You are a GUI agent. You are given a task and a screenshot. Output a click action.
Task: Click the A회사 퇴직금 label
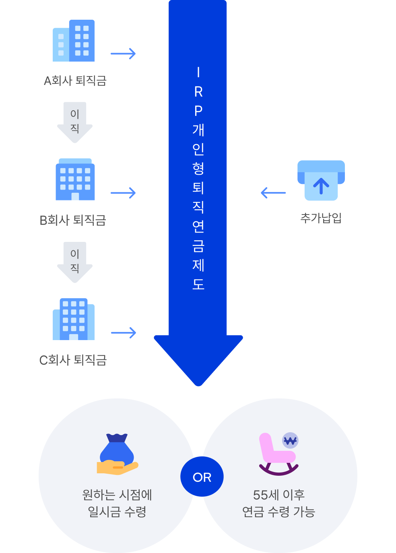pos(75,81)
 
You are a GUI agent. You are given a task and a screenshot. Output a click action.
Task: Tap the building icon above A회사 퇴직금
pos(74,41)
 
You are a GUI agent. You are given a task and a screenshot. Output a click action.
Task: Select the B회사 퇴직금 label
pos(73,221)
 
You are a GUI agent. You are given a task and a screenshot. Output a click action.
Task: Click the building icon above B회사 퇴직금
pos(75,180)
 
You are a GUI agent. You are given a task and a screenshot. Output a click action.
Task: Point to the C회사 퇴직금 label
pos(73,360)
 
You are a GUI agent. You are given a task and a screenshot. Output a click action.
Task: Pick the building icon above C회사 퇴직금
pos(74,319)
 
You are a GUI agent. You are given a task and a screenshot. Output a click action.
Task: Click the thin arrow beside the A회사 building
pos(123,54)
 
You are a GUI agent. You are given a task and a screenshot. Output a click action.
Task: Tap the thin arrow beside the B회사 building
pos(123,193)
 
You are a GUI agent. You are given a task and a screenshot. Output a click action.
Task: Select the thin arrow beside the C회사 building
pos(124,333)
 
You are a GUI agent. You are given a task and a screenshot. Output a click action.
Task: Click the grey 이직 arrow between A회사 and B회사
pos(75,122)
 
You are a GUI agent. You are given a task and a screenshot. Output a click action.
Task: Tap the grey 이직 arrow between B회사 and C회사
pos(75,262)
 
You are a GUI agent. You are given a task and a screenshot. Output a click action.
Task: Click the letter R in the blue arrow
pos(198,92)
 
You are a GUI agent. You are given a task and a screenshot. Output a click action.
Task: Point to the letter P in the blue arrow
pos(198,111)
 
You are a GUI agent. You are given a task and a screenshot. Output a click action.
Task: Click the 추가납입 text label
pos(321,218)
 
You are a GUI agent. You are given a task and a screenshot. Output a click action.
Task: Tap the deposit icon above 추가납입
pos(321,180)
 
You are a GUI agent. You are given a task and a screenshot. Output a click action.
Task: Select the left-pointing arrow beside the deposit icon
pos(273,193)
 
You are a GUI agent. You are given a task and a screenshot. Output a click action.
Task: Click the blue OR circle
pos(202,477)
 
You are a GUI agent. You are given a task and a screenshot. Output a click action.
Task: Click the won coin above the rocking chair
pos(291,441)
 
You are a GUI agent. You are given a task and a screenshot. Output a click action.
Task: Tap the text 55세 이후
pos(278,495)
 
